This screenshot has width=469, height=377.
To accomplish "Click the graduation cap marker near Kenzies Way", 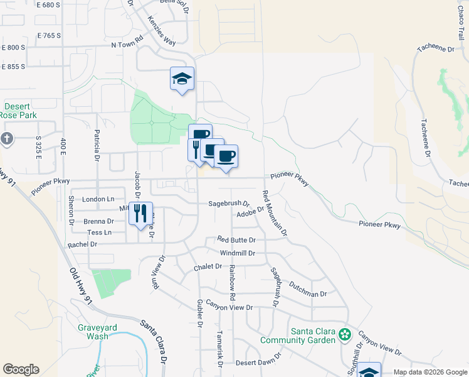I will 182,79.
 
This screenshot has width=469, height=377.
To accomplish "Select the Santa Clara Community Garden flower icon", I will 344,334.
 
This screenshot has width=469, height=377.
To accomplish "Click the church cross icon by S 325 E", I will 6,138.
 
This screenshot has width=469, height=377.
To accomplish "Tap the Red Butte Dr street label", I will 236,240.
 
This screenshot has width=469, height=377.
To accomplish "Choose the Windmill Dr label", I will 238,253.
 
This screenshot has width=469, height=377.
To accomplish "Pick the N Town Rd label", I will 127,45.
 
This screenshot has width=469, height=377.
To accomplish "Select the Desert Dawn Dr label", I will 257,363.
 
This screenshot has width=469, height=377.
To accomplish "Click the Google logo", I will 21,369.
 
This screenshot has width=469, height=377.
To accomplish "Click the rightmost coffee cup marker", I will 226,156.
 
